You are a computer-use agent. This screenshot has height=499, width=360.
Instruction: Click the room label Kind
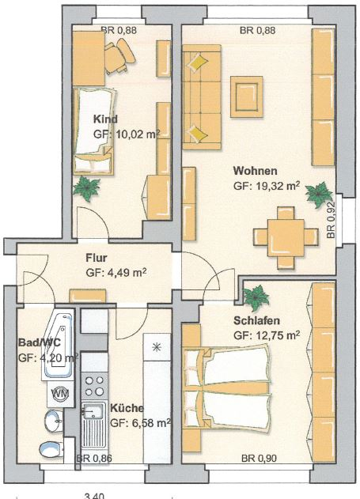click(105, 119)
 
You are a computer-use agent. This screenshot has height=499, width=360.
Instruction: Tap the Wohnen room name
click(256, 171)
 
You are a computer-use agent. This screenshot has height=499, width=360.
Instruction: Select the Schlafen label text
click(256, 320)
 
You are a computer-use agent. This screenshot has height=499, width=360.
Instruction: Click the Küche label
click(127, 408)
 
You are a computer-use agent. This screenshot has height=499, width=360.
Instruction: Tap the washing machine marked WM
click(61, 394)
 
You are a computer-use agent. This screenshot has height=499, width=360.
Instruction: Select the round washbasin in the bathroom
click(54, 421)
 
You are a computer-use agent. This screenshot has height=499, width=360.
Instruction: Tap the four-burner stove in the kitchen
click(94, 386)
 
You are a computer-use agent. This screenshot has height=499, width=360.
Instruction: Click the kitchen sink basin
click(93, 412)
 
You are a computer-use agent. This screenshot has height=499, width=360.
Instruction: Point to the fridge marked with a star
click(157, 347)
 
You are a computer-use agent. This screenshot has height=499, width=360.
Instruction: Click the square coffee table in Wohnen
click(246, 96)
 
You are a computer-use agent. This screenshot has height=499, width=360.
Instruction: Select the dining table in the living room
click(286, 237)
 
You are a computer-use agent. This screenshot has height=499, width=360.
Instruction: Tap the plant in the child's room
click(86, 188)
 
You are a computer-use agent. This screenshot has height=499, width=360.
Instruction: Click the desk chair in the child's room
click(120, 56)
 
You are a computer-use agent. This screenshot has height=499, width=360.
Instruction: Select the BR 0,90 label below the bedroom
click(259, 458)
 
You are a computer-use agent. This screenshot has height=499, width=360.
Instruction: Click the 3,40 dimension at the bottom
click(94, 496)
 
